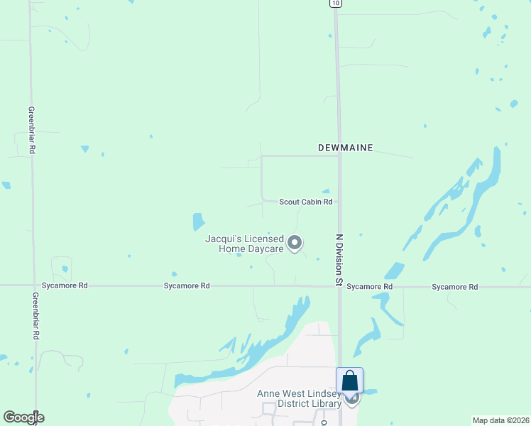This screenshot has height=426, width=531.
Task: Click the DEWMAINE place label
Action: [x=345, y=148]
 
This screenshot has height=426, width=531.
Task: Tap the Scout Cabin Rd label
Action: [x=305, y=202]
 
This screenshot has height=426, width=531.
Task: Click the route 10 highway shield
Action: [x=335, y=4]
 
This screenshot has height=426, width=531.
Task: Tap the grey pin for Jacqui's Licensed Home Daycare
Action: [x=295, y=243]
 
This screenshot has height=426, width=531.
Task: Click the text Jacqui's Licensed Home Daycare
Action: [x=244, y=244]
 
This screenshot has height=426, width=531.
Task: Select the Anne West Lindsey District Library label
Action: [x=300, y=399]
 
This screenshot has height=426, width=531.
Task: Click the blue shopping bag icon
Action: [x=350, y=381]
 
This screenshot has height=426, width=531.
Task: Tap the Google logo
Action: [x=23, y=417]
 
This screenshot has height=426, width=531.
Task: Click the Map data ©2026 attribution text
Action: [x=500, y=420]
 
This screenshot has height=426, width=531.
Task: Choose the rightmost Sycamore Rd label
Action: [x=454, y=287]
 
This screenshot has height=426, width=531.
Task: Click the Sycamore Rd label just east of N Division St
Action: [x=370, y=287]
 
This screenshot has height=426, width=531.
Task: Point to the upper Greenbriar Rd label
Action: [x=32, y=131]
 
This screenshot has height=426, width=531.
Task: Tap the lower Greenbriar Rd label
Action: [x=35, y=317]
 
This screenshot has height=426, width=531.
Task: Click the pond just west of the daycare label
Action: [x=199, y=222]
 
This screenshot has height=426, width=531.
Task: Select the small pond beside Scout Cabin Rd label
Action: [x=326, y=191]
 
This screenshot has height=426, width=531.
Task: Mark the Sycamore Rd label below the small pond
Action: [x=187, y=286]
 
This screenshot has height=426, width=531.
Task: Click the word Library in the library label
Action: [x=327, y=404]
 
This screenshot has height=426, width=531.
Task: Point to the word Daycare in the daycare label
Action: [x=266, y=248]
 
